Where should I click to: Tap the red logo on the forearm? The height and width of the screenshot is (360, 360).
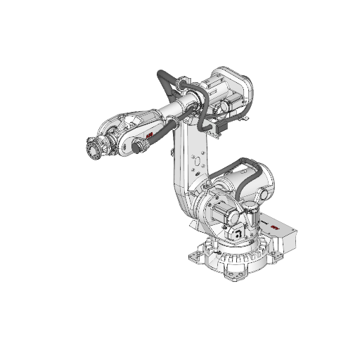pos(150,133)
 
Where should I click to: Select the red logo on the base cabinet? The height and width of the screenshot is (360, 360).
pos(273,226)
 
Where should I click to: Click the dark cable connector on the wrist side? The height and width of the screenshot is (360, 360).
pos(139,146)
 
